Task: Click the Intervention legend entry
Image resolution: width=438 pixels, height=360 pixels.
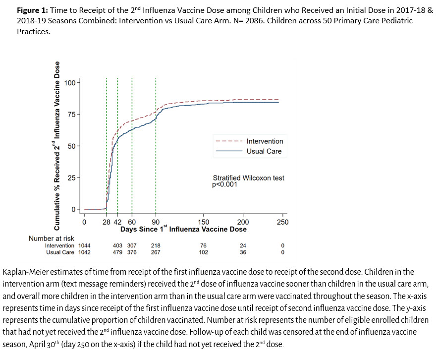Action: [265, 141]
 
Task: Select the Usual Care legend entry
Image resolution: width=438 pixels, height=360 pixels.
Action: [264, 151]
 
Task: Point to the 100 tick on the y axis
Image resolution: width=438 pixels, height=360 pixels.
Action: [70, 82]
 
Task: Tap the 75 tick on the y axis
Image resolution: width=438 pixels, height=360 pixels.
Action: [70, 114]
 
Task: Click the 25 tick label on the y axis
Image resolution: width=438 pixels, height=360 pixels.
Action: [70, 178]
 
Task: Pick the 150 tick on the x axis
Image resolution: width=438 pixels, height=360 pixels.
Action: [204, 222]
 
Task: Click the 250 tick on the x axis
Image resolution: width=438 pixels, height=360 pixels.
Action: [282, 222]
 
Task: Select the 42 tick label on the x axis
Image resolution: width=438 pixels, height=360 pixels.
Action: [117, 222]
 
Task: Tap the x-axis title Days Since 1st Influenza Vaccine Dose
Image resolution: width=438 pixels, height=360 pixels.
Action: [183, 230]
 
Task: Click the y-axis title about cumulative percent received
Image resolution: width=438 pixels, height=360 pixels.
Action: [57, 146]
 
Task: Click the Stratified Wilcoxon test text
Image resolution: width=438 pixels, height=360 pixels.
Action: [249, 178]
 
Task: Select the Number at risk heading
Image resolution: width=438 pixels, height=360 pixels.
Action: [52, 239]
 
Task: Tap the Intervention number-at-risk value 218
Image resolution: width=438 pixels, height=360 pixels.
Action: [156, 245]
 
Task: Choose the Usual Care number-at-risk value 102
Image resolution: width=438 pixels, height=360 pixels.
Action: [203, 252]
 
